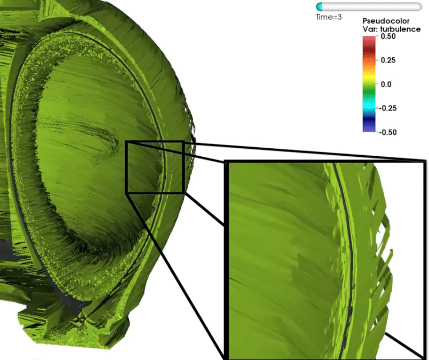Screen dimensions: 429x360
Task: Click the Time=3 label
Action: [x=329, y=17]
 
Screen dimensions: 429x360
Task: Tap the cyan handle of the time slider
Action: [x=319, y=7]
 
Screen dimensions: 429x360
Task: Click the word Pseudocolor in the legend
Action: [x=386, y=21]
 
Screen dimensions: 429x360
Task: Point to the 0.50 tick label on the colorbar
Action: [x=388, y=36]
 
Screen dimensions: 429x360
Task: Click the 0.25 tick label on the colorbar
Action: [x=388, y=60]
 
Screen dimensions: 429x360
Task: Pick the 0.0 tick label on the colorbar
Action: [x=386, y=84]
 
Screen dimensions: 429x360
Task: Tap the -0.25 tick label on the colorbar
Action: [x=388, y=108]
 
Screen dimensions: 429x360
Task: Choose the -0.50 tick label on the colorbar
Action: [x=388, y=132]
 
